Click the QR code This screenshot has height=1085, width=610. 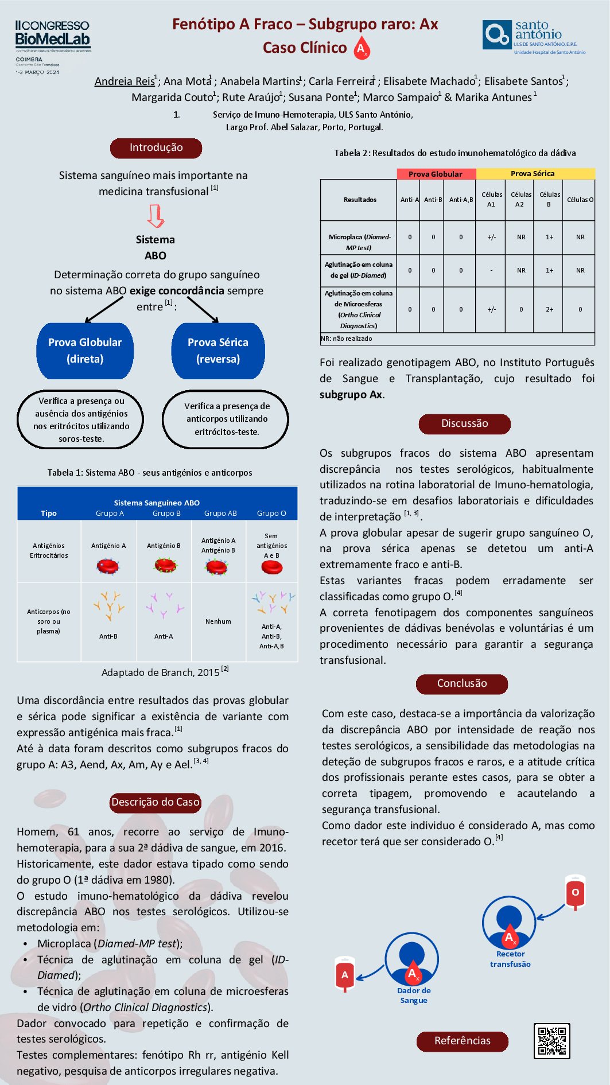point(551,1040)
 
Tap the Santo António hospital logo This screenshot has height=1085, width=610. point(533,37)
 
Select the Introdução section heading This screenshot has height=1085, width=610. point(156,148)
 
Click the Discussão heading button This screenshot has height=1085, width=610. point(464,424)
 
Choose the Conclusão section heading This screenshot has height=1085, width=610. point(462,684)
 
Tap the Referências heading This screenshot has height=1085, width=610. point(462,1041)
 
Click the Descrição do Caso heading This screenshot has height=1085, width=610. point(155,803)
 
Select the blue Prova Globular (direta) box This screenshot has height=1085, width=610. point(85,351)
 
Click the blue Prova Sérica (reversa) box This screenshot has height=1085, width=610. point(218,351)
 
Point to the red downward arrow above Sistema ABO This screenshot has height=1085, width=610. point(156,216)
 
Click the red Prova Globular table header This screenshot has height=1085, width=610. point(436,174)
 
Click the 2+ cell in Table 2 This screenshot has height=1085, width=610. point(549,309)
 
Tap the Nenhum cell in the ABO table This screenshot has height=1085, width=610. point(218,621)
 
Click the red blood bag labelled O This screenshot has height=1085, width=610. point(575,892)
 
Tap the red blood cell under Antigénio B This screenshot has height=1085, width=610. point(166,566)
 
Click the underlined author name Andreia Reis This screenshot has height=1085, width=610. point(125,81)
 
